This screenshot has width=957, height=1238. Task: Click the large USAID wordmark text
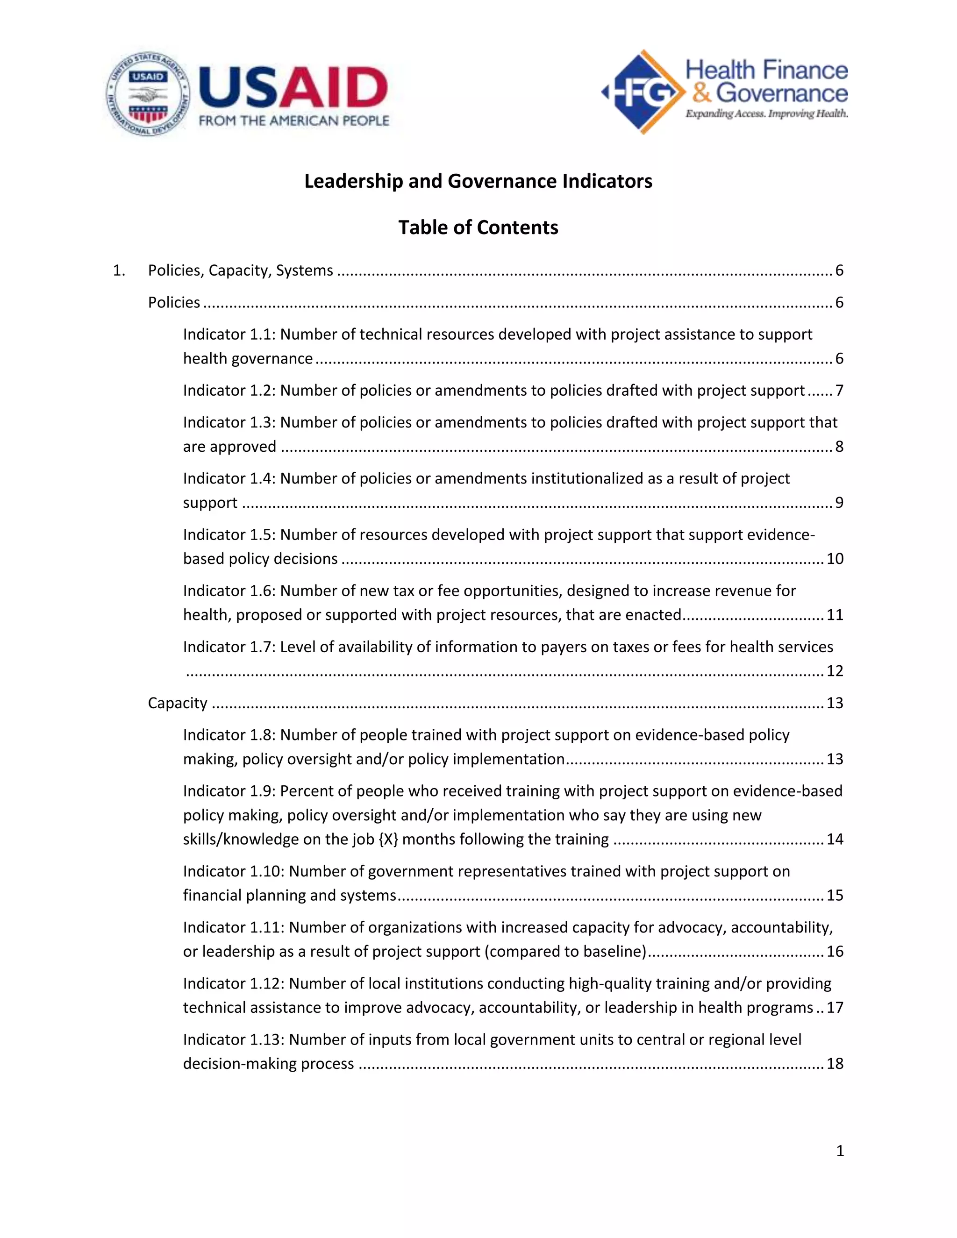293,87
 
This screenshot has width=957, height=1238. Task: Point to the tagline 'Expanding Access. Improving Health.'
766,114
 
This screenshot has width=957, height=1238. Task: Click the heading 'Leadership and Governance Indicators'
478,181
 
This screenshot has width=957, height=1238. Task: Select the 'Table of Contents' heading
478,228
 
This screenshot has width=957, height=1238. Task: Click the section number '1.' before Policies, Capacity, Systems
119,270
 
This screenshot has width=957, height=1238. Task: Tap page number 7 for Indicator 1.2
839,391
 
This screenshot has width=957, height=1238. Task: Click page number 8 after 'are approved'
839,447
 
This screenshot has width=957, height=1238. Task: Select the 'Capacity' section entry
178,703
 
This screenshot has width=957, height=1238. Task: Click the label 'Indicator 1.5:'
229,534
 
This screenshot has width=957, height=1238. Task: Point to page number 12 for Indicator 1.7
835,671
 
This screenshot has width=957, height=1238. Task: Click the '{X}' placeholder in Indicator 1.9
388,839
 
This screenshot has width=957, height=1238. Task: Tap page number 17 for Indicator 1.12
835,1007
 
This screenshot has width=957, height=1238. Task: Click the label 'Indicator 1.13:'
234,1039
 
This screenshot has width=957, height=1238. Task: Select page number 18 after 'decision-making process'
835,1063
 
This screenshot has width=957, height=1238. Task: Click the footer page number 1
840,1151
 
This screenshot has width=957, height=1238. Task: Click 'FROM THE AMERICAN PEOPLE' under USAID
293,121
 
